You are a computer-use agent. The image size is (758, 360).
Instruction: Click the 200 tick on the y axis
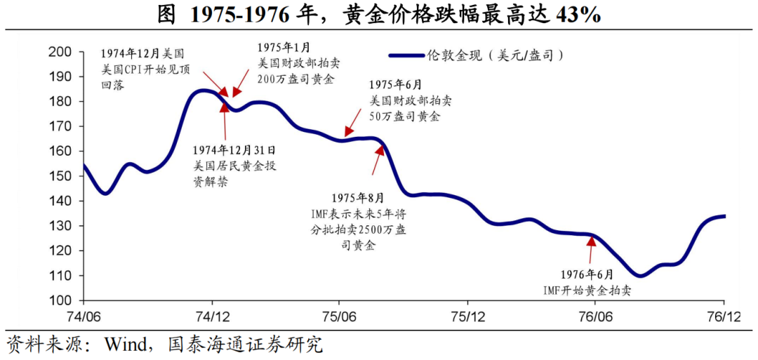[60, 51]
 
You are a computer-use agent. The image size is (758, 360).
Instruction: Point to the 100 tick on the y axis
[60, 300]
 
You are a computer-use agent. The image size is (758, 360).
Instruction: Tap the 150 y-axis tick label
[60, 176]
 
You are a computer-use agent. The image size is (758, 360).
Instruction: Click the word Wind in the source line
[125, 344]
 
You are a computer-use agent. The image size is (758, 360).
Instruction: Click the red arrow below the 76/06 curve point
[591, 247]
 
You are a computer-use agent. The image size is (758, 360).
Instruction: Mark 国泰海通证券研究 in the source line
[245, 344]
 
